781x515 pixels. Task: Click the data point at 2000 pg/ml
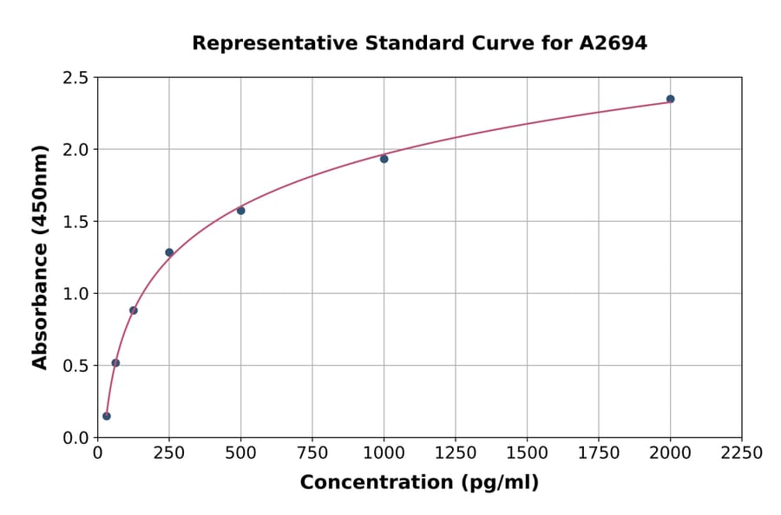[670, 99]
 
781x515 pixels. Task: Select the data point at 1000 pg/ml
[384, 159]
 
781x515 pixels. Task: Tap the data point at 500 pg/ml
[240, 211]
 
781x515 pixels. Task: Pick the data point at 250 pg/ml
[169, 252]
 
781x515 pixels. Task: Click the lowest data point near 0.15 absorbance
[107, 416]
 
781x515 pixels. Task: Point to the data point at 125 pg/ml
[134, 310]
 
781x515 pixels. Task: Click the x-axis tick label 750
[312, 453]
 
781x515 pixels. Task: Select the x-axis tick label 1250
[456, 453]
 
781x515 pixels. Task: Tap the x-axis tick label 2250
[742, 453]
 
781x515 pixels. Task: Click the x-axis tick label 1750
[599, 453]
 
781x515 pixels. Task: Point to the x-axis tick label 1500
[527, 453]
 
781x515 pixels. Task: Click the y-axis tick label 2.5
[75, 78]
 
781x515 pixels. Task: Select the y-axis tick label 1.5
[75, 222]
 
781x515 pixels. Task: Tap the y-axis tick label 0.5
[75, 366]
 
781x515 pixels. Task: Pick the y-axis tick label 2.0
[75, 150]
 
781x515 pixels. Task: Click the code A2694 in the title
[613, 42]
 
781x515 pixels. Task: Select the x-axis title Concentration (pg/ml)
[419, 483]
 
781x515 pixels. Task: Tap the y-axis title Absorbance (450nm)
[40, 257]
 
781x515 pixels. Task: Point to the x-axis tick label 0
[97, 453]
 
